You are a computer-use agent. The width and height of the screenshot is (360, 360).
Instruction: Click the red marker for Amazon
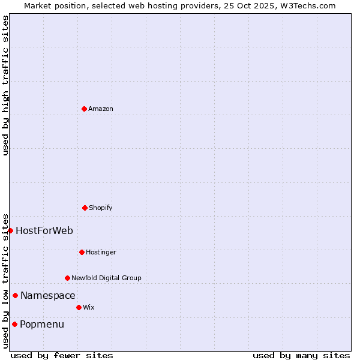84,109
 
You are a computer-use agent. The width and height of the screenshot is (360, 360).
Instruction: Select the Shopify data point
85,208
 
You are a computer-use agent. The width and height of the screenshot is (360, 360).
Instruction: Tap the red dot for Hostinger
82,252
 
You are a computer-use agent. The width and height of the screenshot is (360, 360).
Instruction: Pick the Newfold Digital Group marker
67,278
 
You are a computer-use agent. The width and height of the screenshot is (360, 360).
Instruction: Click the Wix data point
79,307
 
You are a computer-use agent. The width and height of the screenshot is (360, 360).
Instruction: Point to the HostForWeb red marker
10,230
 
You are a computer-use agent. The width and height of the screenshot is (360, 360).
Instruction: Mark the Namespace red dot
15,295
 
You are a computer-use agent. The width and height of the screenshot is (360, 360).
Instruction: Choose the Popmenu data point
14,324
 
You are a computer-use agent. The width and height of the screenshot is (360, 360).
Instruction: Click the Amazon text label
101,109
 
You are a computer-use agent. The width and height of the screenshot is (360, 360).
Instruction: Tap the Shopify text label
101,208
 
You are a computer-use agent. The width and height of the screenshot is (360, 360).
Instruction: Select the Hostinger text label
101,252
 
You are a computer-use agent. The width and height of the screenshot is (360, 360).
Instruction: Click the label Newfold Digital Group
106,278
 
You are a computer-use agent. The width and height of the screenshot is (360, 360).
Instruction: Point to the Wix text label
89,307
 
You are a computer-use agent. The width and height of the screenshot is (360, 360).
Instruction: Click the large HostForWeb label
44,230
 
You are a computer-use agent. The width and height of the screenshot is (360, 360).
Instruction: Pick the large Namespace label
48,295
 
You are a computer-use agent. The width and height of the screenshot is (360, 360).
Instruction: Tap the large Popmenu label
42,324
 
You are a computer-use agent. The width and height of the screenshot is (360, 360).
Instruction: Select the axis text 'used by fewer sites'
62,355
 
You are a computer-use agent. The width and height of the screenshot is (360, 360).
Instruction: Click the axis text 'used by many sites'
301,355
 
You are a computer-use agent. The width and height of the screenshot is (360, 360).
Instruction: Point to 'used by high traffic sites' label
5,85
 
